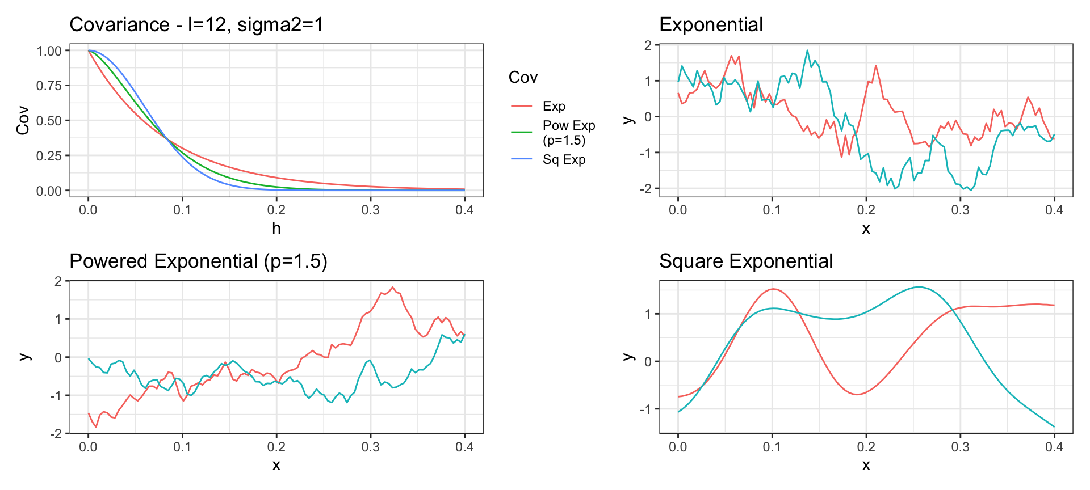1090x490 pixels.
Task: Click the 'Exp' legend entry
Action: click(x=554, y=106)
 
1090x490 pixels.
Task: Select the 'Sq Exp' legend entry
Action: click(x=564, y=159)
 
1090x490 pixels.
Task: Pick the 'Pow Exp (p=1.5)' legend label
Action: click(x=568, y=133)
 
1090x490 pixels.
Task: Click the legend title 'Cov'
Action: click(x=523, y=78)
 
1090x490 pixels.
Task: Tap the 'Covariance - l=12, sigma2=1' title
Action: click(x=196, y=25)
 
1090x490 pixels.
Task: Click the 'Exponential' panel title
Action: click(x=711, y=25)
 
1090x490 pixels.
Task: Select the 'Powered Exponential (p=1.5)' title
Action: click(x=198, y=261)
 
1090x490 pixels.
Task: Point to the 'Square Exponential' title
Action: click(x=745, y=261)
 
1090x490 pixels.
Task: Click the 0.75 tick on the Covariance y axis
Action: click(x=49, y=86)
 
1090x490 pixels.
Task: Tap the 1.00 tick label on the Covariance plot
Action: click(x=49, y=51)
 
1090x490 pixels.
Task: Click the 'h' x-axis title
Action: click(x=276, y=229)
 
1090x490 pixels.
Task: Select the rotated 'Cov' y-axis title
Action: click(x=23, y=120)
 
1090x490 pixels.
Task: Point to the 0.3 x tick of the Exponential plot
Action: click(x=960, y=210)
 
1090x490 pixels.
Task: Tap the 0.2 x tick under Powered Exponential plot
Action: click(x=276, y=447)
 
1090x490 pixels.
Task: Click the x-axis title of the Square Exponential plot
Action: click(x=866, y=466)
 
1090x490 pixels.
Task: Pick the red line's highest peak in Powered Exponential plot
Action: click(x=392, y=288)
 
